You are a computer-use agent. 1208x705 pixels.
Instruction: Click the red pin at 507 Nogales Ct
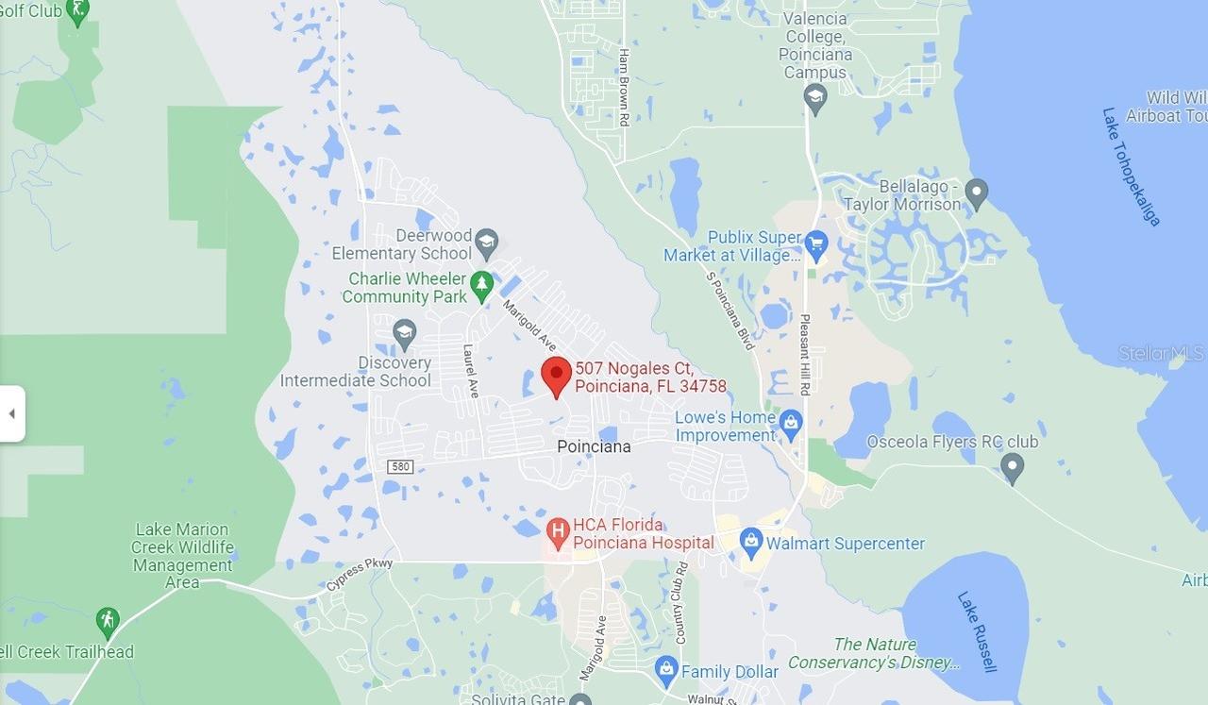pos(556,376)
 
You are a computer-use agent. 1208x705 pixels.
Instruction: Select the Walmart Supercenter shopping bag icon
pos(751,542)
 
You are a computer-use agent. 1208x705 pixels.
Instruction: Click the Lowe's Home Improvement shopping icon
pos(791,425)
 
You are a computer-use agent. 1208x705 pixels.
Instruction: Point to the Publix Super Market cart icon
pos(816,245)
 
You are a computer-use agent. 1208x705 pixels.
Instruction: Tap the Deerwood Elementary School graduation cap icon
pos(486,243)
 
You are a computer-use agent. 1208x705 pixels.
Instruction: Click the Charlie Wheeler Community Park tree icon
pos(482,286)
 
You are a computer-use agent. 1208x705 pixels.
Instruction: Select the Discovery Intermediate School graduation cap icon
pos(404,332)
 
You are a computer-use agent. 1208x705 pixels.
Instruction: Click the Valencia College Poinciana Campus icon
pos(815,96)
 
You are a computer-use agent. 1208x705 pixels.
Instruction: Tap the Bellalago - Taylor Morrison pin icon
pos(977,193)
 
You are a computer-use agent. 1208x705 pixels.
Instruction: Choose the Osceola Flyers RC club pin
pos(1012,466)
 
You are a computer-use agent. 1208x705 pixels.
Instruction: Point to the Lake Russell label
pos(977,631)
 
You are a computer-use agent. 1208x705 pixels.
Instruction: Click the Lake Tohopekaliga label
pos(1131,166)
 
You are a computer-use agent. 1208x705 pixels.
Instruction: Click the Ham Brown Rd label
pos(624,78)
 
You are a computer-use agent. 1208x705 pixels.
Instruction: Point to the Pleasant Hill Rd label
pos(805,354)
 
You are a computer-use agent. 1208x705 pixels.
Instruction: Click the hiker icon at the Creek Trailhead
pos(108,622)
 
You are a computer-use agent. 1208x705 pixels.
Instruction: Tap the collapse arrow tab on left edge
pos(11,413)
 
